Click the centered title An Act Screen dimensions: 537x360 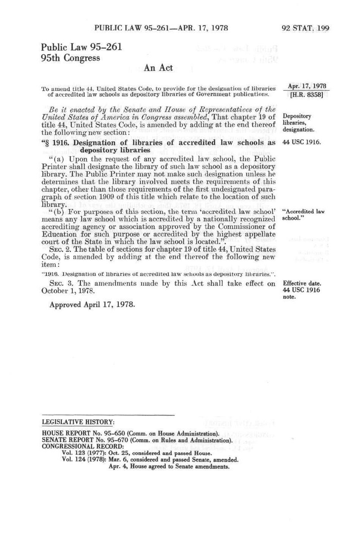(x=158, y=68)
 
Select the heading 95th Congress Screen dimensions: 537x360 (x=71, y=58)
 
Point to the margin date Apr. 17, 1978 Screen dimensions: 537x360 (x=307, y=86)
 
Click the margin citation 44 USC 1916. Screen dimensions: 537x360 (x=302, y=143)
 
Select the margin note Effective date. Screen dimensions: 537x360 (x=302, y=283)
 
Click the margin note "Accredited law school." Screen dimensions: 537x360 (x=303, y=215)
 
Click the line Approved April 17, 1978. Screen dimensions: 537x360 (x=92, y=304)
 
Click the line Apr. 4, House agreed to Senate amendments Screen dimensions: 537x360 (x=169, y=466)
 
